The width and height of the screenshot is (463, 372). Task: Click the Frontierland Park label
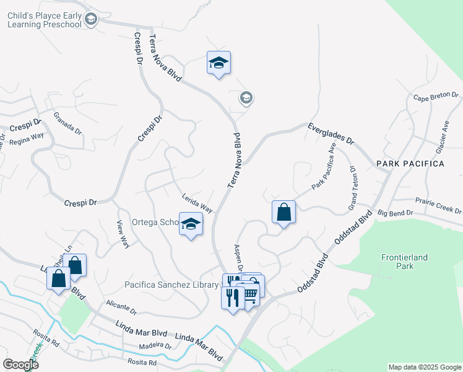click(x=404, y=261)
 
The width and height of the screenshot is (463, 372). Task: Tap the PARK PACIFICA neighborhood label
click(x=410, y=164)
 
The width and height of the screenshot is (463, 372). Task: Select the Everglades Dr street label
click(x=331, y=133)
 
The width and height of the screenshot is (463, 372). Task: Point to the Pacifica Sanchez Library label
click(x=172, y=285)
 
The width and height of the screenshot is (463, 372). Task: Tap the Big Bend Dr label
click(x=396, y=213)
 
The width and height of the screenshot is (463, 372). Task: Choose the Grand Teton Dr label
click(x=353, y=187)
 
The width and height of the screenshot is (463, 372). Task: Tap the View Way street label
click(x=123, y=234)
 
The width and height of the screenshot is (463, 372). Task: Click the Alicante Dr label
click(x=121, y=307)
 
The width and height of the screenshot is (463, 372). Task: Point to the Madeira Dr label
click(x=155, y=345)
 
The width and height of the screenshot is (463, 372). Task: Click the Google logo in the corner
click(x=20, y=365)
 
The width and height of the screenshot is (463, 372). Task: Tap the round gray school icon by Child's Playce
click(x=92, y=19)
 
